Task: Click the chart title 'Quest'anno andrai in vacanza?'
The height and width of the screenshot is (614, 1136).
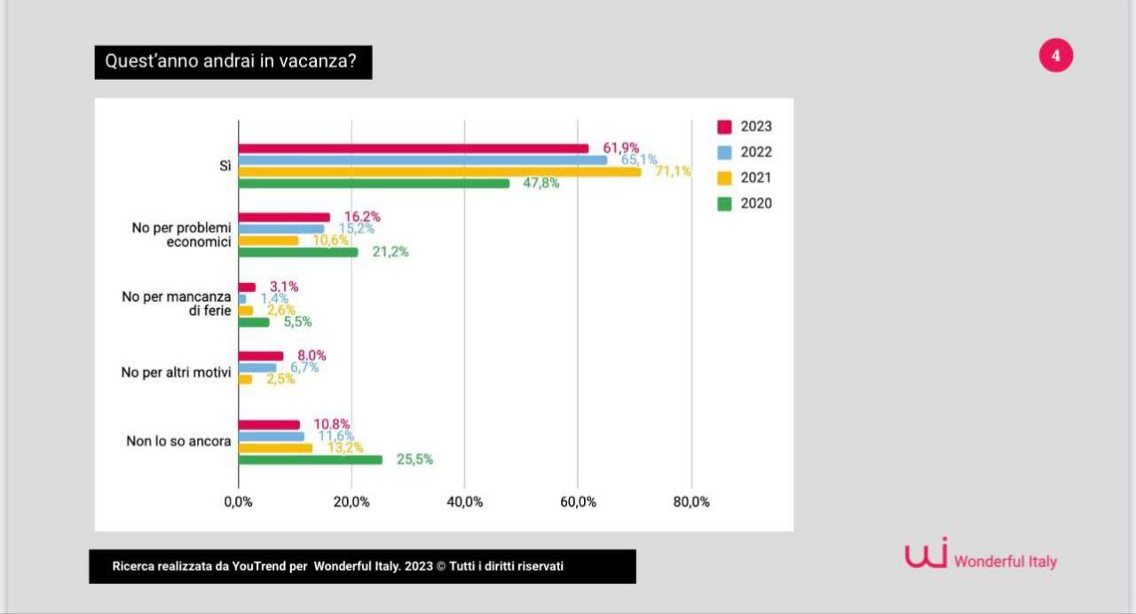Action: click(x=233, y=62)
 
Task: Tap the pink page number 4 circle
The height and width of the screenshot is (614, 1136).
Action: click(x=1055, y=56)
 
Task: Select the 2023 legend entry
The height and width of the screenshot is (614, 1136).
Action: click(x=745, y=126)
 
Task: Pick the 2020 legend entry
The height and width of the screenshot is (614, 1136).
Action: click(x=745, y=203)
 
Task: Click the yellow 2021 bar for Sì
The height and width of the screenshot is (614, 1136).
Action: click(x=439, y=171)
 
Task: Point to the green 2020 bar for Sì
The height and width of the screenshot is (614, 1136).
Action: click(x=374, y=183)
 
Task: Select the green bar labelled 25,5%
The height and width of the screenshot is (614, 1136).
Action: click(x=310, y=460)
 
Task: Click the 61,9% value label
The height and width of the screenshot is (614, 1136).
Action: click(x=620, y=148)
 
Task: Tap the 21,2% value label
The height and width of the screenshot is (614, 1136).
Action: click(x=390, y=252)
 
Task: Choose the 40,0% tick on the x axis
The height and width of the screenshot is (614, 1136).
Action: click(x=464, y=502)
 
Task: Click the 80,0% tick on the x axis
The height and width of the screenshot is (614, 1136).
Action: click(x=691, y=502)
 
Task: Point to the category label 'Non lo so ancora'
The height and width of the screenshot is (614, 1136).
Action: click(x=178, y=441)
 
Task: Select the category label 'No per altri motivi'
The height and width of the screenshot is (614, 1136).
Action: click(x=176, y=373)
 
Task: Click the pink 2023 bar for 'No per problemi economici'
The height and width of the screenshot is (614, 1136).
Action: click(x=284, y=217)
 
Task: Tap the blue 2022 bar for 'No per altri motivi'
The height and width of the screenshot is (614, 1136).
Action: click(x=257, y=367)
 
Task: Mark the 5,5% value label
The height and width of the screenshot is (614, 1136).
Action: click(x=297, y=322)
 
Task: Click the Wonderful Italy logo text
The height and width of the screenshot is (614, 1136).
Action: click(x=1005, y=562)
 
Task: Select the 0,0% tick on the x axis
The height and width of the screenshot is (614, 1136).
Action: click(x=238, y=502)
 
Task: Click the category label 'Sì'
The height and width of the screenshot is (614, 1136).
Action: click(x=225, y=166)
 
